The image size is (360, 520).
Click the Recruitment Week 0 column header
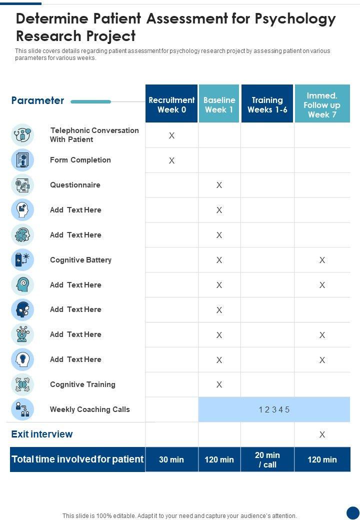click(171, 104)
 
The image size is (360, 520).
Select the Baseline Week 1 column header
click(219, 104)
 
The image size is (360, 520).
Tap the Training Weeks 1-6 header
click(267, 104)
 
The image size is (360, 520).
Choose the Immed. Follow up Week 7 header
click(322, 104)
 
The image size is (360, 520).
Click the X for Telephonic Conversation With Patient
click(171, 135)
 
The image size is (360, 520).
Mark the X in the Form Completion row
click(171, 160)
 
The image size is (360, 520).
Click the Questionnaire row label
click(75, 185)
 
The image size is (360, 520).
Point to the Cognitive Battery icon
click(22, 260)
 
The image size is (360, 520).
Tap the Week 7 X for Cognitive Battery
click(322, 260)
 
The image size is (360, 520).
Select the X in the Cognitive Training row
click(219, 384)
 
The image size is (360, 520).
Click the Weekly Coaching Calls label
click(89, 409)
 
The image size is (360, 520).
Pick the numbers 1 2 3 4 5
click(274, 410)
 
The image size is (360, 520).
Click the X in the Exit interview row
click(322, 434)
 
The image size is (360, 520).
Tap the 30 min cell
click(171, 459)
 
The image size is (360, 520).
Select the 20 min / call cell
click(267, 459)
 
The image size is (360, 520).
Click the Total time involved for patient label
click(77, 459)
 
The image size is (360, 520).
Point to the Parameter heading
click(37, 100)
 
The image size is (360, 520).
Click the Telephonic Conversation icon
click(22, 135)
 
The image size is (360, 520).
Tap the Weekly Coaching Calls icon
click(22, 409)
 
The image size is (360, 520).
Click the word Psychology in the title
click(295, 19)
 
